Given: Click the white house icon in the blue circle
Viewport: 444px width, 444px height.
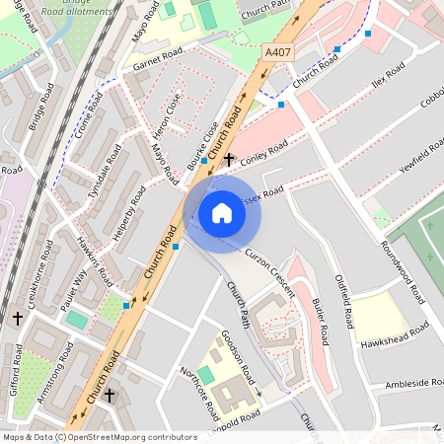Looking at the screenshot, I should [222, 212].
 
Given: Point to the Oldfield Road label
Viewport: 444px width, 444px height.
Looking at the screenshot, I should [344, 302].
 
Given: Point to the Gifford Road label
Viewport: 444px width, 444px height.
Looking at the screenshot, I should [17, 368].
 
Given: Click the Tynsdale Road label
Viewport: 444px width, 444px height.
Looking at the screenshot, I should [105, 173].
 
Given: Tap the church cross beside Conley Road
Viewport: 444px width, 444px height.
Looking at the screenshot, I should [230, 158].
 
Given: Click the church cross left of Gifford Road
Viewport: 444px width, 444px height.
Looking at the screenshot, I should [18, 319].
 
